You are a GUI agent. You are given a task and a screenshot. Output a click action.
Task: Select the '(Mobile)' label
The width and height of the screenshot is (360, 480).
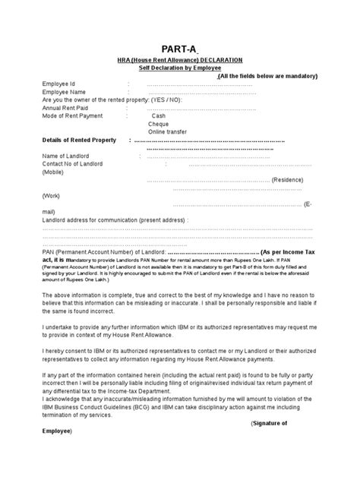pyautogui.click(x=54, y=172)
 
